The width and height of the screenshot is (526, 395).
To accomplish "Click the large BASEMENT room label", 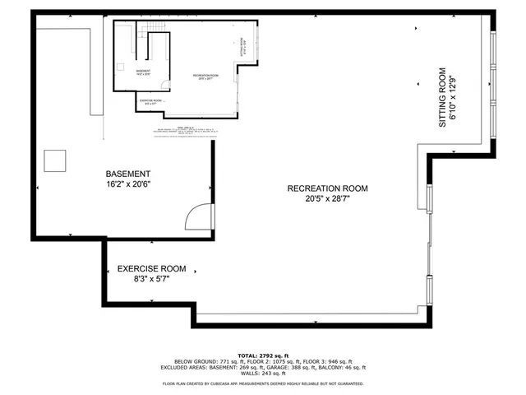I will (128, 174).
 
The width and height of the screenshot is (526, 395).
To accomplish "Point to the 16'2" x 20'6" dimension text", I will (128, 185).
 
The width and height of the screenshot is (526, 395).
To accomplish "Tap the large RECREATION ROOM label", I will (327, 188).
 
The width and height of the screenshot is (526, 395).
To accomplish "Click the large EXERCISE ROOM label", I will (151, 269).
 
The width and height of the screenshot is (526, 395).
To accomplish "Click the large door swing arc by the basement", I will (200, 216).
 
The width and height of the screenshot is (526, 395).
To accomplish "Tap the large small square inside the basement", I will (56, 160).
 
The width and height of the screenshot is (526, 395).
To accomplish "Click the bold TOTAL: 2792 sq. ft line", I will (263, 353).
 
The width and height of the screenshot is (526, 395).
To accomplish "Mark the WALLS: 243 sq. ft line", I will (263, 375).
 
